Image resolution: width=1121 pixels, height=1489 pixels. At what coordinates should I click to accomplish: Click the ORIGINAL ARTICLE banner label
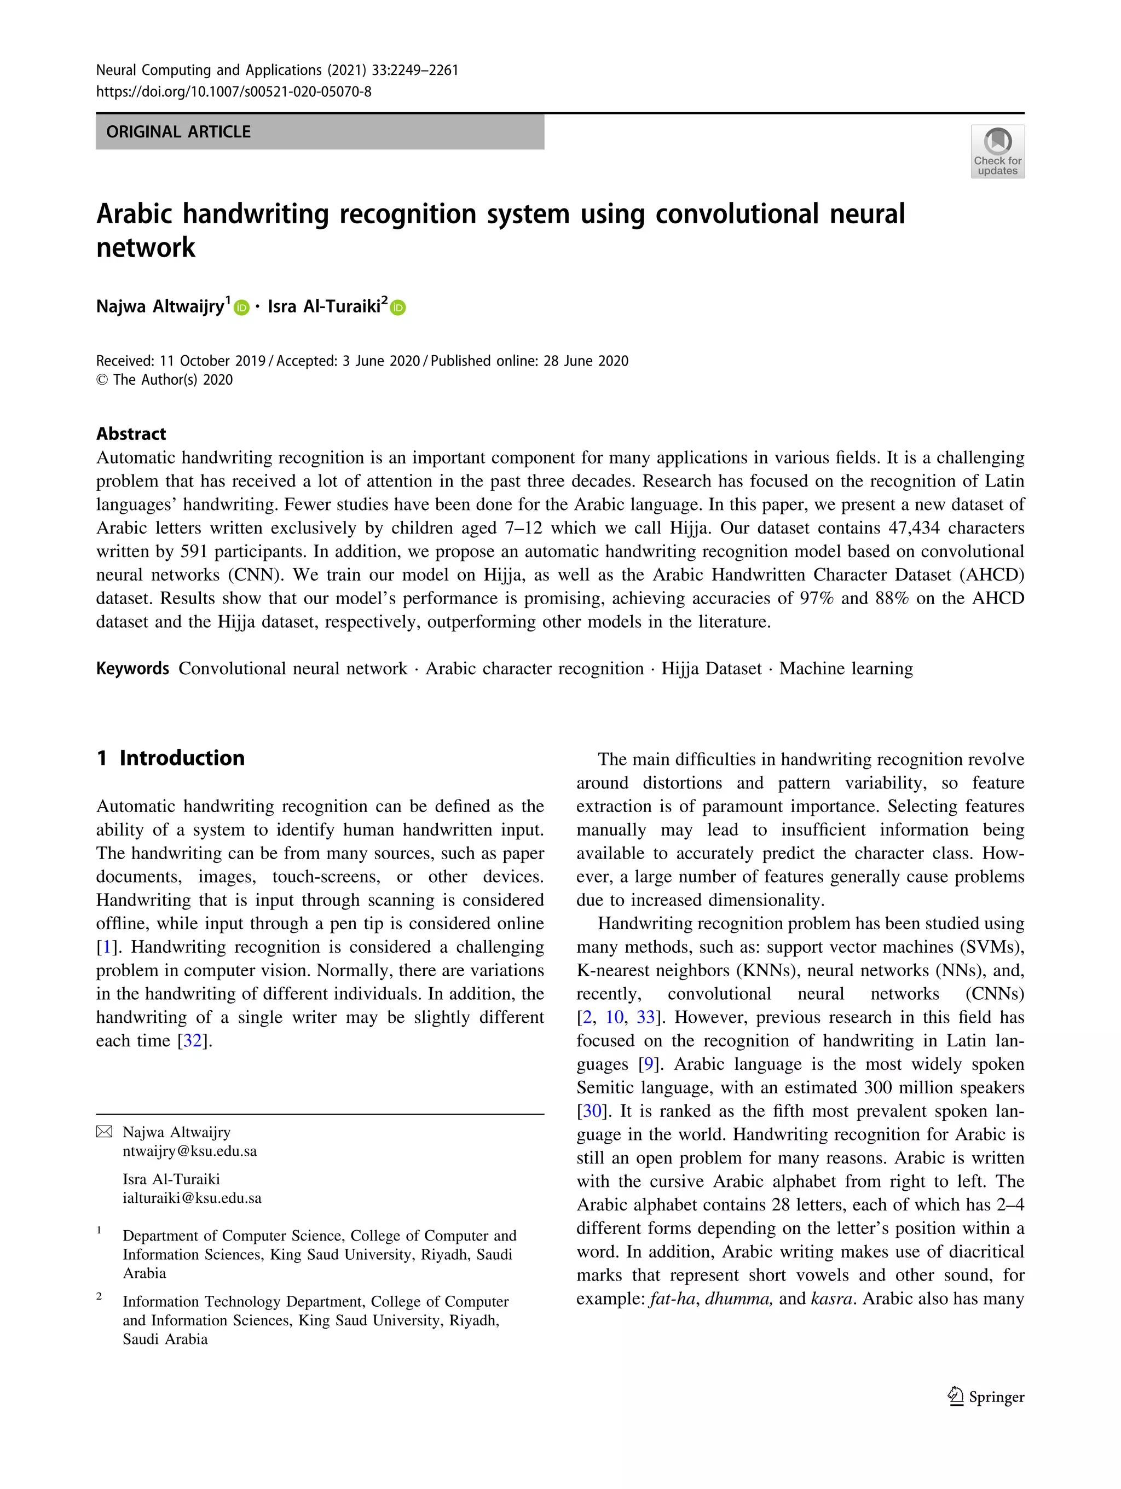point(178,132)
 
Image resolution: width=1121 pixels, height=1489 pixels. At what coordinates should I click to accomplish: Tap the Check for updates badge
point(997,152)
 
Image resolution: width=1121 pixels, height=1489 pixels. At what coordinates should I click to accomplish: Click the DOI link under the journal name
point(234,91)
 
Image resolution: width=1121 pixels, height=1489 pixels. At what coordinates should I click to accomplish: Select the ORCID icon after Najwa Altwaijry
point(242,308)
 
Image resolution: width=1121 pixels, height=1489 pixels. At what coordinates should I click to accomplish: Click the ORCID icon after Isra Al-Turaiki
point(398,308)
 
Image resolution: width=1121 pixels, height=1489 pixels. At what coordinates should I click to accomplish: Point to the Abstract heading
point(131,433)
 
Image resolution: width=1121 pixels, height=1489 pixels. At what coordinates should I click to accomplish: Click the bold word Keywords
point(132,668)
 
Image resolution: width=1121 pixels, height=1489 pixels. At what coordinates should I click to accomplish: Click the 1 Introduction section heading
point(170,758)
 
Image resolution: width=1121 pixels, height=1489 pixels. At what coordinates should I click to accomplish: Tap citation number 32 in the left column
point(193,1041)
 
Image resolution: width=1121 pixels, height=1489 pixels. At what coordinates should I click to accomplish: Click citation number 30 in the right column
point(592,1111)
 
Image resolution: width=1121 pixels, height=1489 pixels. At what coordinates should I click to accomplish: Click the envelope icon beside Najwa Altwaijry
point(105,1132)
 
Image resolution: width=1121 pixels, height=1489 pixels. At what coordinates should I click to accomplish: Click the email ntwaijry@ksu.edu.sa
point(190,1150)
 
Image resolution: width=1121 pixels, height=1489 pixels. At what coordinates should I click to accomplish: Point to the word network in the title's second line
point(146,248)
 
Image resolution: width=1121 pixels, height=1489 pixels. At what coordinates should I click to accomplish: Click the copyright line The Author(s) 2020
point(165,380)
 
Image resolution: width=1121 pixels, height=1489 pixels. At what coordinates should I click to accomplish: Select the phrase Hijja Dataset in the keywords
point(711,668)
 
